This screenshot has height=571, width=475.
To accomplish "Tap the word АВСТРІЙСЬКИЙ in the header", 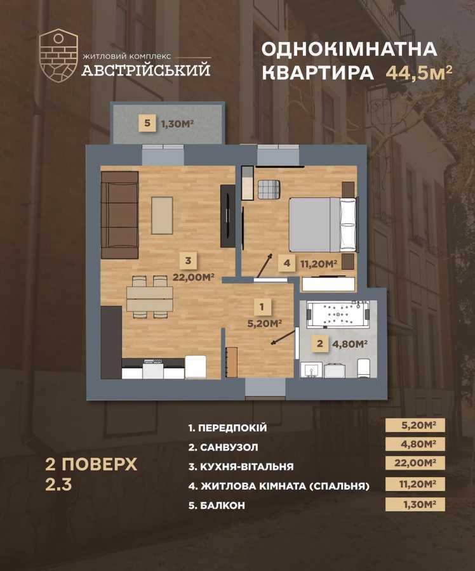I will (x=145, y=70).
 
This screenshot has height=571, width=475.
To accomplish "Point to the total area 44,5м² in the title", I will (x=418, y=72).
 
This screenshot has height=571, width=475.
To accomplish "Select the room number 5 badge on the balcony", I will (x=147, y=123).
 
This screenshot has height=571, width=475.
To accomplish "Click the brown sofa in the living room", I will (x=119, y=214).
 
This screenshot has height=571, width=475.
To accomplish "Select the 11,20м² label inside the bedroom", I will (x=319, y=264).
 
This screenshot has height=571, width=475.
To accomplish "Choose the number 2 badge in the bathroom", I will (x=319, y=345).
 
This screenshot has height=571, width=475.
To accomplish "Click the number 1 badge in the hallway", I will (x=262, y=307).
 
